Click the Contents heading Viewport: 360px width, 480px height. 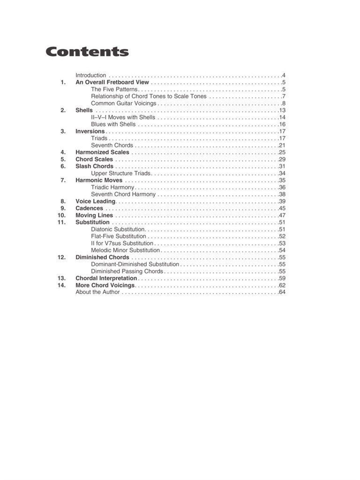coord(87,52)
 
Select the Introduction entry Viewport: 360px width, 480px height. coord(91,75)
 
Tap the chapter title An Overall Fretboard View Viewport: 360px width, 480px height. coord(112,82)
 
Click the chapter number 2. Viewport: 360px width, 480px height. coord(63,110)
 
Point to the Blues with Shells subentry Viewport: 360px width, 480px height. coord(113,124)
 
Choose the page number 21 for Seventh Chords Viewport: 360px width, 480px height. coord(282,145)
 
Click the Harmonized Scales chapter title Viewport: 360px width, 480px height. coord(102,152)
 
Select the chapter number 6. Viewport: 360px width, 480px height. coord(63,166)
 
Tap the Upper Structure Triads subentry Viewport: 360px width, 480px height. coord(120,173)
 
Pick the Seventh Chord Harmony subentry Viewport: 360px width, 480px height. coord(123,194)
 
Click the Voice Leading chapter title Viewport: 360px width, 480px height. coord(95,201)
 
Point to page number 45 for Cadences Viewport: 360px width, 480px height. coord(282,208)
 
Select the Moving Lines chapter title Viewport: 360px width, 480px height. coord(94,215)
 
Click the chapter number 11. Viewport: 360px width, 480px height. coord(61,222)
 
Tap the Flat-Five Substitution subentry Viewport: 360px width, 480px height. coord(119,236)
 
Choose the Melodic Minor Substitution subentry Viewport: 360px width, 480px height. coord(126,250)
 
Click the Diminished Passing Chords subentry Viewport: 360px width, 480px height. coord(127,271)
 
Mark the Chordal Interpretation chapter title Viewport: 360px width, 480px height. coord(106,278)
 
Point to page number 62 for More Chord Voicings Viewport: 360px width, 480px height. coord(282,285)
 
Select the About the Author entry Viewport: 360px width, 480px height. coord(97,292)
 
